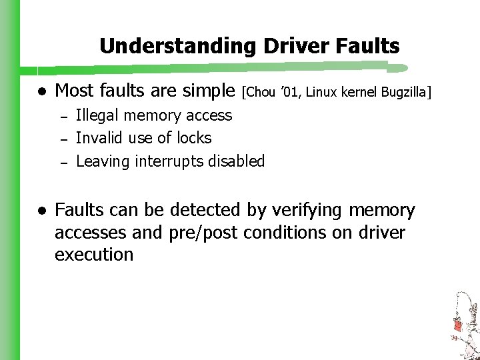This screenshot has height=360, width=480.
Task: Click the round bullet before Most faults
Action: pos(41,90)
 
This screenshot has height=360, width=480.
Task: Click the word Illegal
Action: pos(95,115)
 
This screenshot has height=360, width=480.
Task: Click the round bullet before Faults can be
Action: pos(41,211)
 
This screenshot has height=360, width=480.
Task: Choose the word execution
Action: pos(94,255)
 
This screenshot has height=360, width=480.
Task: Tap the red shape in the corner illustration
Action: pos(458,325)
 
